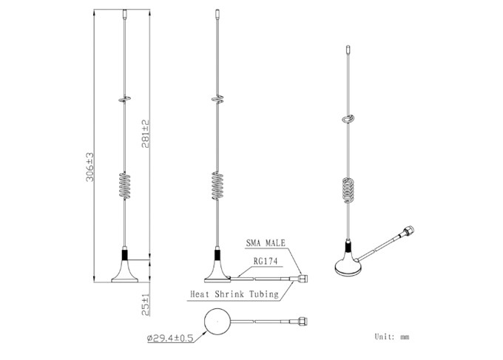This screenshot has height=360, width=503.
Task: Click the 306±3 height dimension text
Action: pyautogui.click(x=90, y=167)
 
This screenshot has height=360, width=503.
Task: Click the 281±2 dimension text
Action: pyautogui.click(x=145, y=134)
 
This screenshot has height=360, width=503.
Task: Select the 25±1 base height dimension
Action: pyautogui.click(x=145, y=305)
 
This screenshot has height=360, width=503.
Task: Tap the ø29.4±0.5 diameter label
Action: pyautogui.click(x=170, y=338)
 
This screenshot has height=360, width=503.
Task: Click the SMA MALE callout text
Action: pyautogui.click(x=266, y=243)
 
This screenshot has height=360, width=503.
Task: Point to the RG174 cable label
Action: pyautogui.click(x=266, y=261)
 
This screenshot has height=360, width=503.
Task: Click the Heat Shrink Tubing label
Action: pyautogui.click(x=234, y=294)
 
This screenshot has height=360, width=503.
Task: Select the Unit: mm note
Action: pyautogui.click(x=392, y=336)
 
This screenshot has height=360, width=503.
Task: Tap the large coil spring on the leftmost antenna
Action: pyautogui.click(x=125, y=186)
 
